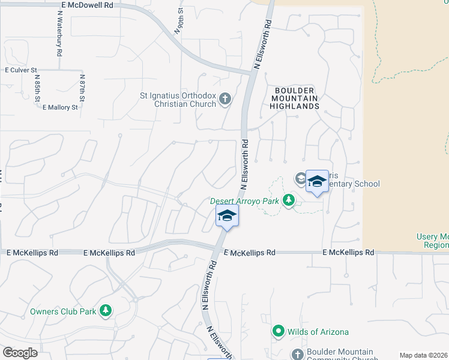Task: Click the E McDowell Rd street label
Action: click(x=87, y=4)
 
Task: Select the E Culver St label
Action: click(x=21, y=70)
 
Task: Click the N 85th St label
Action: click(x=37, y=88)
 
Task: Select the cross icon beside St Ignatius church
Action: click(x=225, y=99)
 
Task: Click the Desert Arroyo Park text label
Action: click(x=244, y=202)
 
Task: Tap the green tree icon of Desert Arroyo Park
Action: click(x=289, y=200)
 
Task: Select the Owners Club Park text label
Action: click(x=63, y=312)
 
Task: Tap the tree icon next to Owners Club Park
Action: click(x=106, y=310)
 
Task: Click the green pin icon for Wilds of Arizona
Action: click(x=278, y=331)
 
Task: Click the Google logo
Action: click(x=20, y=353)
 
